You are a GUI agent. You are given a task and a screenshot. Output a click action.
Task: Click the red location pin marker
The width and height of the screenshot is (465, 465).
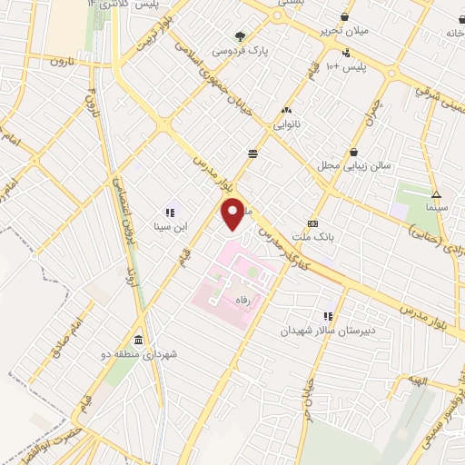(x=234, y=213)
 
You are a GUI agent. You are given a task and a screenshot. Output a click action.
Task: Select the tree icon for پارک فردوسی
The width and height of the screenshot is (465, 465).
(x=240, y=37)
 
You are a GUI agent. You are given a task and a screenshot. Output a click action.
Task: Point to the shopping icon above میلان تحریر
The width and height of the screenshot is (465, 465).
(x=344, y=17)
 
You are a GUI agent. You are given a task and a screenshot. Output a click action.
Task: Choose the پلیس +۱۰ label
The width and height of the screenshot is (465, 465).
(x=345, y=67)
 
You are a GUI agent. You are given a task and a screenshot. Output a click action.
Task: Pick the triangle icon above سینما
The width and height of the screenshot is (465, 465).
(x=436, y=193)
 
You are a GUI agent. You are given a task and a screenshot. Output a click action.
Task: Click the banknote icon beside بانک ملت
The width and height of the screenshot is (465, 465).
(x=314, y=223)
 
